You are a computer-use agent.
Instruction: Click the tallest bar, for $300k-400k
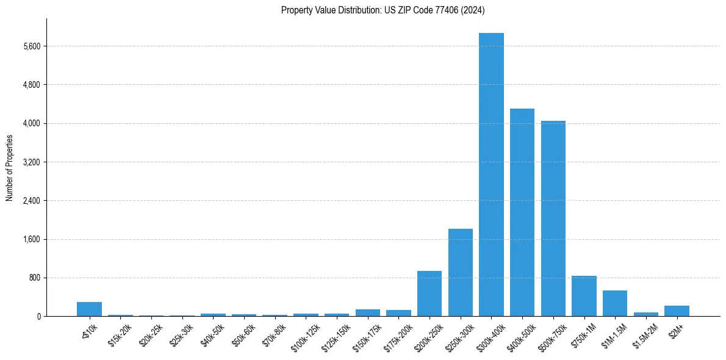tap(491, 175)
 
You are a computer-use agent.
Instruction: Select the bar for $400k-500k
tap(522, 212)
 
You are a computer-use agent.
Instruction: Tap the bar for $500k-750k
tap(553, 218)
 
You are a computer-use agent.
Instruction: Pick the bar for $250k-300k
tap(461, 272)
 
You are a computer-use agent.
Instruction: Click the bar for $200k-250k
tap(429, 293)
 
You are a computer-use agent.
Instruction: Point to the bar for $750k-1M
tap(584, 296)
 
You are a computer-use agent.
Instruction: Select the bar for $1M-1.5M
tap(615, 303)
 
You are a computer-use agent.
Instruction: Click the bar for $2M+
tap(677, 311)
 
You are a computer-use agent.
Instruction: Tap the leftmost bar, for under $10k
tap(89, 309)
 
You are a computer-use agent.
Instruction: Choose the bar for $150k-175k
tap(368, 312)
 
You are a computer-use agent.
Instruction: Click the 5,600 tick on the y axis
tap(31, 46)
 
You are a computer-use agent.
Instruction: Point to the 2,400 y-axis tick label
tap(31, 201)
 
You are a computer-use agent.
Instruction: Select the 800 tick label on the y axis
tap(34, 278)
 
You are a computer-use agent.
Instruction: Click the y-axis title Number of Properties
tap(9, 168)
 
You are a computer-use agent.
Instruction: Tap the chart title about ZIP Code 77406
tap(383, 10)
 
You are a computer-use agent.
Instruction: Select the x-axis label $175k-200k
tap(397, 335)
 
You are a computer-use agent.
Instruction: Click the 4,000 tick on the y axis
tap(31, 124)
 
